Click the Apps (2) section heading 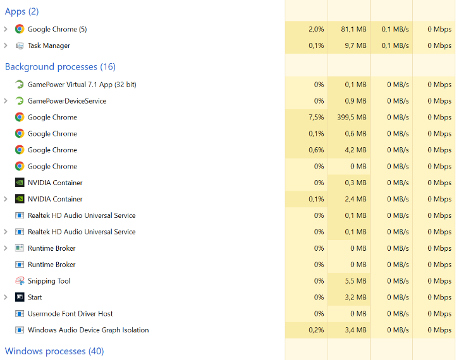point(21,11)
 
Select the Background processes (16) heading point(60,67)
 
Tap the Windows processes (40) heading point(54,351)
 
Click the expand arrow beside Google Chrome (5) point(6,29)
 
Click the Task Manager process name point(49,45)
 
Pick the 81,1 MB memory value point(353,29)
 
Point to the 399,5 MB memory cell point(352,117)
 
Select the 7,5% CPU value point(316,117)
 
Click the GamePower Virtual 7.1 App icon point(20,85)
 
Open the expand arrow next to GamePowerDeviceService point(6,101)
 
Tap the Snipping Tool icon point(20,281)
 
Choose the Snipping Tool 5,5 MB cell point(355,281)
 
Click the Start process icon point(20,297)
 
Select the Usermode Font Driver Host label point(70,314)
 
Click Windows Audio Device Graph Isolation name point(88,330)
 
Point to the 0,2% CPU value point(316,330)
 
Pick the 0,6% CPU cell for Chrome point(316,150)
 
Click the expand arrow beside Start point(6,297)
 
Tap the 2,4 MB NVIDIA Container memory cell point(355,199)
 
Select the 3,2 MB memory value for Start point(355,297)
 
